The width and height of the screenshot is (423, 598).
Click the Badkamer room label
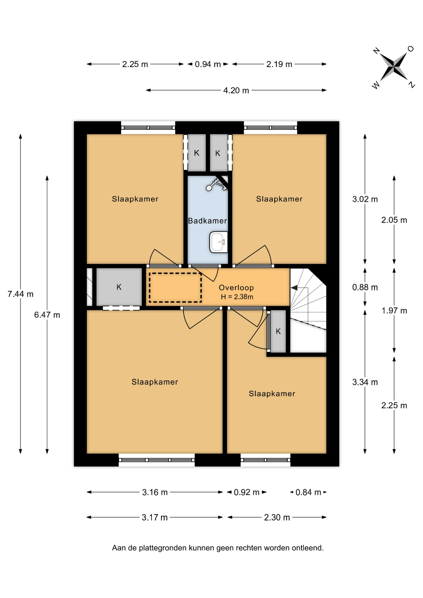tap(207, 221)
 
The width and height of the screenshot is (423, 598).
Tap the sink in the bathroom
tap(219, 242)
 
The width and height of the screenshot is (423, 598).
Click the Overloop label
tap(236, 288)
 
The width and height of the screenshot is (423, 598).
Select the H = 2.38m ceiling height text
tap(237, 297)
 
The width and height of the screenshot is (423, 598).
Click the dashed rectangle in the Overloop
tap(175, 287)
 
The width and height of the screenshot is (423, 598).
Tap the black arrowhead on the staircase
tap(294, 288)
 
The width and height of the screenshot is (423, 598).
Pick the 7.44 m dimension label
tap(21, 294)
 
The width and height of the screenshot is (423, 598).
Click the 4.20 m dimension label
tap(236, 91)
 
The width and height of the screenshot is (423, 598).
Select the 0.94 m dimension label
tap(208, 64)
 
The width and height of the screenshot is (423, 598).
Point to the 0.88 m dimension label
tap(365, 287)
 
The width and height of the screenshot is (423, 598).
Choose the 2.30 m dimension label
tap(277, 518)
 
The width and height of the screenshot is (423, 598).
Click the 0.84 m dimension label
tap(308, 492)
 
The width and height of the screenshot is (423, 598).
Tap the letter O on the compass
tap(411, 49)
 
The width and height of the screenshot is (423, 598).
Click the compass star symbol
tap(394, 66)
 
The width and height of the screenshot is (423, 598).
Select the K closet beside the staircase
tap(278, 331)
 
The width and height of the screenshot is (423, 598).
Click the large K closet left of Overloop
tap(119, 287)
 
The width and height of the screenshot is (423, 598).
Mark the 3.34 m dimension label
tap(365, 382)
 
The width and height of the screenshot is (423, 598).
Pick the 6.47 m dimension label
tap(47, 315)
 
